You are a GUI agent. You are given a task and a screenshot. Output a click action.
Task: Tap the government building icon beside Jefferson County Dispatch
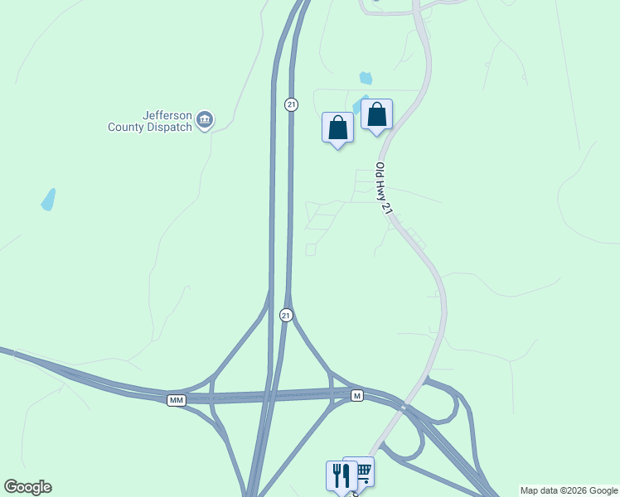(x=205, y=122)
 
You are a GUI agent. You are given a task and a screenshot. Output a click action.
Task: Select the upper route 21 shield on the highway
(x=290, y=104)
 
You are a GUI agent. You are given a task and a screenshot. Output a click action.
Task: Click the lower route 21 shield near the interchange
(x=286, y=315)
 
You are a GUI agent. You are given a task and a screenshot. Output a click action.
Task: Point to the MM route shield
(x=176, y=400)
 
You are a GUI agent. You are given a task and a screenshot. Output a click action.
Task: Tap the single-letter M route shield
(x=356, y=395)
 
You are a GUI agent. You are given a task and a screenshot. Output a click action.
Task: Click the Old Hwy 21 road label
(x=383, y=188)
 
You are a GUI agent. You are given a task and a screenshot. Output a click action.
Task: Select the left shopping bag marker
(x=337, y=128)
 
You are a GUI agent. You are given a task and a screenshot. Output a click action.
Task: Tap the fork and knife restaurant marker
(x=341, y=475)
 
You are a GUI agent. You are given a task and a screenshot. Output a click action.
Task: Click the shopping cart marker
(x=361, y=471)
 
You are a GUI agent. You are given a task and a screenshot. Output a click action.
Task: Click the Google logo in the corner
(x=27, y=487)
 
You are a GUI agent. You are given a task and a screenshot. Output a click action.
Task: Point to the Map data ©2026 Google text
(x=569, y=490)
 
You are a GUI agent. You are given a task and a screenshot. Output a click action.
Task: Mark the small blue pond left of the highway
(x=48, y=200)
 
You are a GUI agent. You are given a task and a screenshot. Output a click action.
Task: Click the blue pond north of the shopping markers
(x=366, y=79)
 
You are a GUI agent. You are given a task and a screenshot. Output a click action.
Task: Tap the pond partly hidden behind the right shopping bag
(x=359, y=105)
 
